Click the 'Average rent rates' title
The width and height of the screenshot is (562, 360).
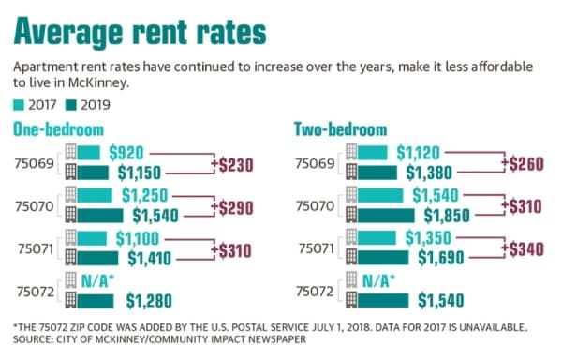(140, 32)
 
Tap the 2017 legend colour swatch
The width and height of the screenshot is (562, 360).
(19, 105)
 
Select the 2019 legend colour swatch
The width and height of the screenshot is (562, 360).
(71, 105)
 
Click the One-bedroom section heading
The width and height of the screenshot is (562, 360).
(58, 129)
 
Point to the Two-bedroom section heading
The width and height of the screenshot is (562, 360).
(341, 129)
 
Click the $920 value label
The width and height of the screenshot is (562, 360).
(126, 153)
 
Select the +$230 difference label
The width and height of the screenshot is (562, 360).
(232, 165)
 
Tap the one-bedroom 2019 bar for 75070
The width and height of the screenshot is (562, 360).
(100, 216)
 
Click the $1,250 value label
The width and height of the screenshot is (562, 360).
(145, 195)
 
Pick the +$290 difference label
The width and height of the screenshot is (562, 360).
(232, 207)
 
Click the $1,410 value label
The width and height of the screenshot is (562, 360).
(150, 258)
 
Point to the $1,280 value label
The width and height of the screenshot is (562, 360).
(149, 301)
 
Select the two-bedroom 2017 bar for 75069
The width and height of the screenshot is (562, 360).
(373, 153)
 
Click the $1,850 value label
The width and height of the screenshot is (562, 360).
(447, 216)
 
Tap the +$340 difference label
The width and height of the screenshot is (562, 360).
(523, 249)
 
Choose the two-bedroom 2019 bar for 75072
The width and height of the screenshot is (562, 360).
(383, 301)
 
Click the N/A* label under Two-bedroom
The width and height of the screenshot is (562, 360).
(379, 280)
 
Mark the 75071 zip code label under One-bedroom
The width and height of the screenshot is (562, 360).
(36, 248)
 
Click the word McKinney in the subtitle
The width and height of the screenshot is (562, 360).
(97, 83)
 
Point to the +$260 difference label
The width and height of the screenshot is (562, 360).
(523, 163)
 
